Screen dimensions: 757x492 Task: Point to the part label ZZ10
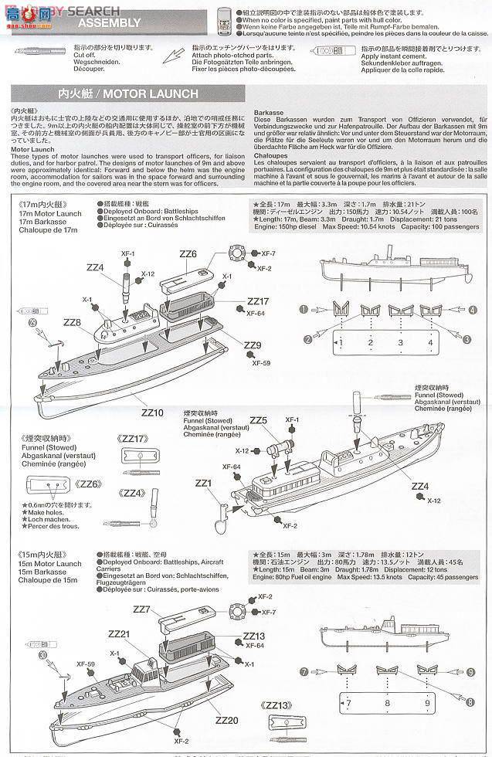[153, 412]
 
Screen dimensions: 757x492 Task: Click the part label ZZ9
[252, 345]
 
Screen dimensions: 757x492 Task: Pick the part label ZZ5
[258, 420]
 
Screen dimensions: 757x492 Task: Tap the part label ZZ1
[203, 483]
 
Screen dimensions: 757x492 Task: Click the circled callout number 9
[470, 673]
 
